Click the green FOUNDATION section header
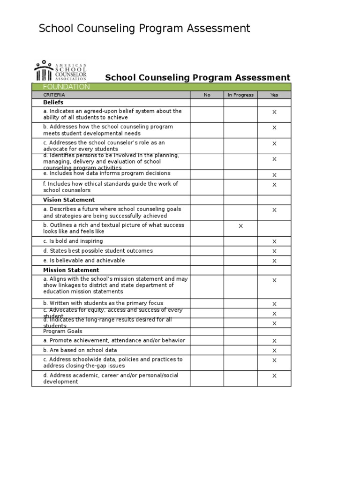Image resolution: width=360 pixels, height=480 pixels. coord(66,87)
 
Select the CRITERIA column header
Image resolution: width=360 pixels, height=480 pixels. coord(54,95)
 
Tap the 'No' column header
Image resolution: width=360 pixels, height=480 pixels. coord(207,95)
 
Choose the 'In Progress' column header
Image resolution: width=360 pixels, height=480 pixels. coord(240,95)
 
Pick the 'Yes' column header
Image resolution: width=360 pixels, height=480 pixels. coord(274,95)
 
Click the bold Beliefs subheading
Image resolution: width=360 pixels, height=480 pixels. coord(53,102)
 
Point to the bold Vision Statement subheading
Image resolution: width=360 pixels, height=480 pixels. coord(68,200)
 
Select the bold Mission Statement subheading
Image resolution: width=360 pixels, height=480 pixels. coord(71,270)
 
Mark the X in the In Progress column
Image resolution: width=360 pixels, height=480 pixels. coord(240,226)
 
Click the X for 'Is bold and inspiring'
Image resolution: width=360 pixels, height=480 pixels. coord(274,241)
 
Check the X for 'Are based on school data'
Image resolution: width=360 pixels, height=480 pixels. coord(274,351)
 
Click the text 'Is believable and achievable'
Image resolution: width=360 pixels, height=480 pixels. coord(84,260)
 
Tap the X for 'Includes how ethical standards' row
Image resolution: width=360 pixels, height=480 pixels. coord(274,185)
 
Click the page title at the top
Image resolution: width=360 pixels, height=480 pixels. coord(144,29)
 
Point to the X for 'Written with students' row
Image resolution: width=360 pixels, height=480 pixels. coord(274,304)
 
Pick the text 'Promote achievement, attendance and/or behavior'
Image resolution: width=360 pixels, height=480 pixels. coord(114,340)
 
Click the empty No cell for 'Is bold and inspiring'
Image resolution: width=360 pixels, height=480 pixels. coord(207,241)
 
